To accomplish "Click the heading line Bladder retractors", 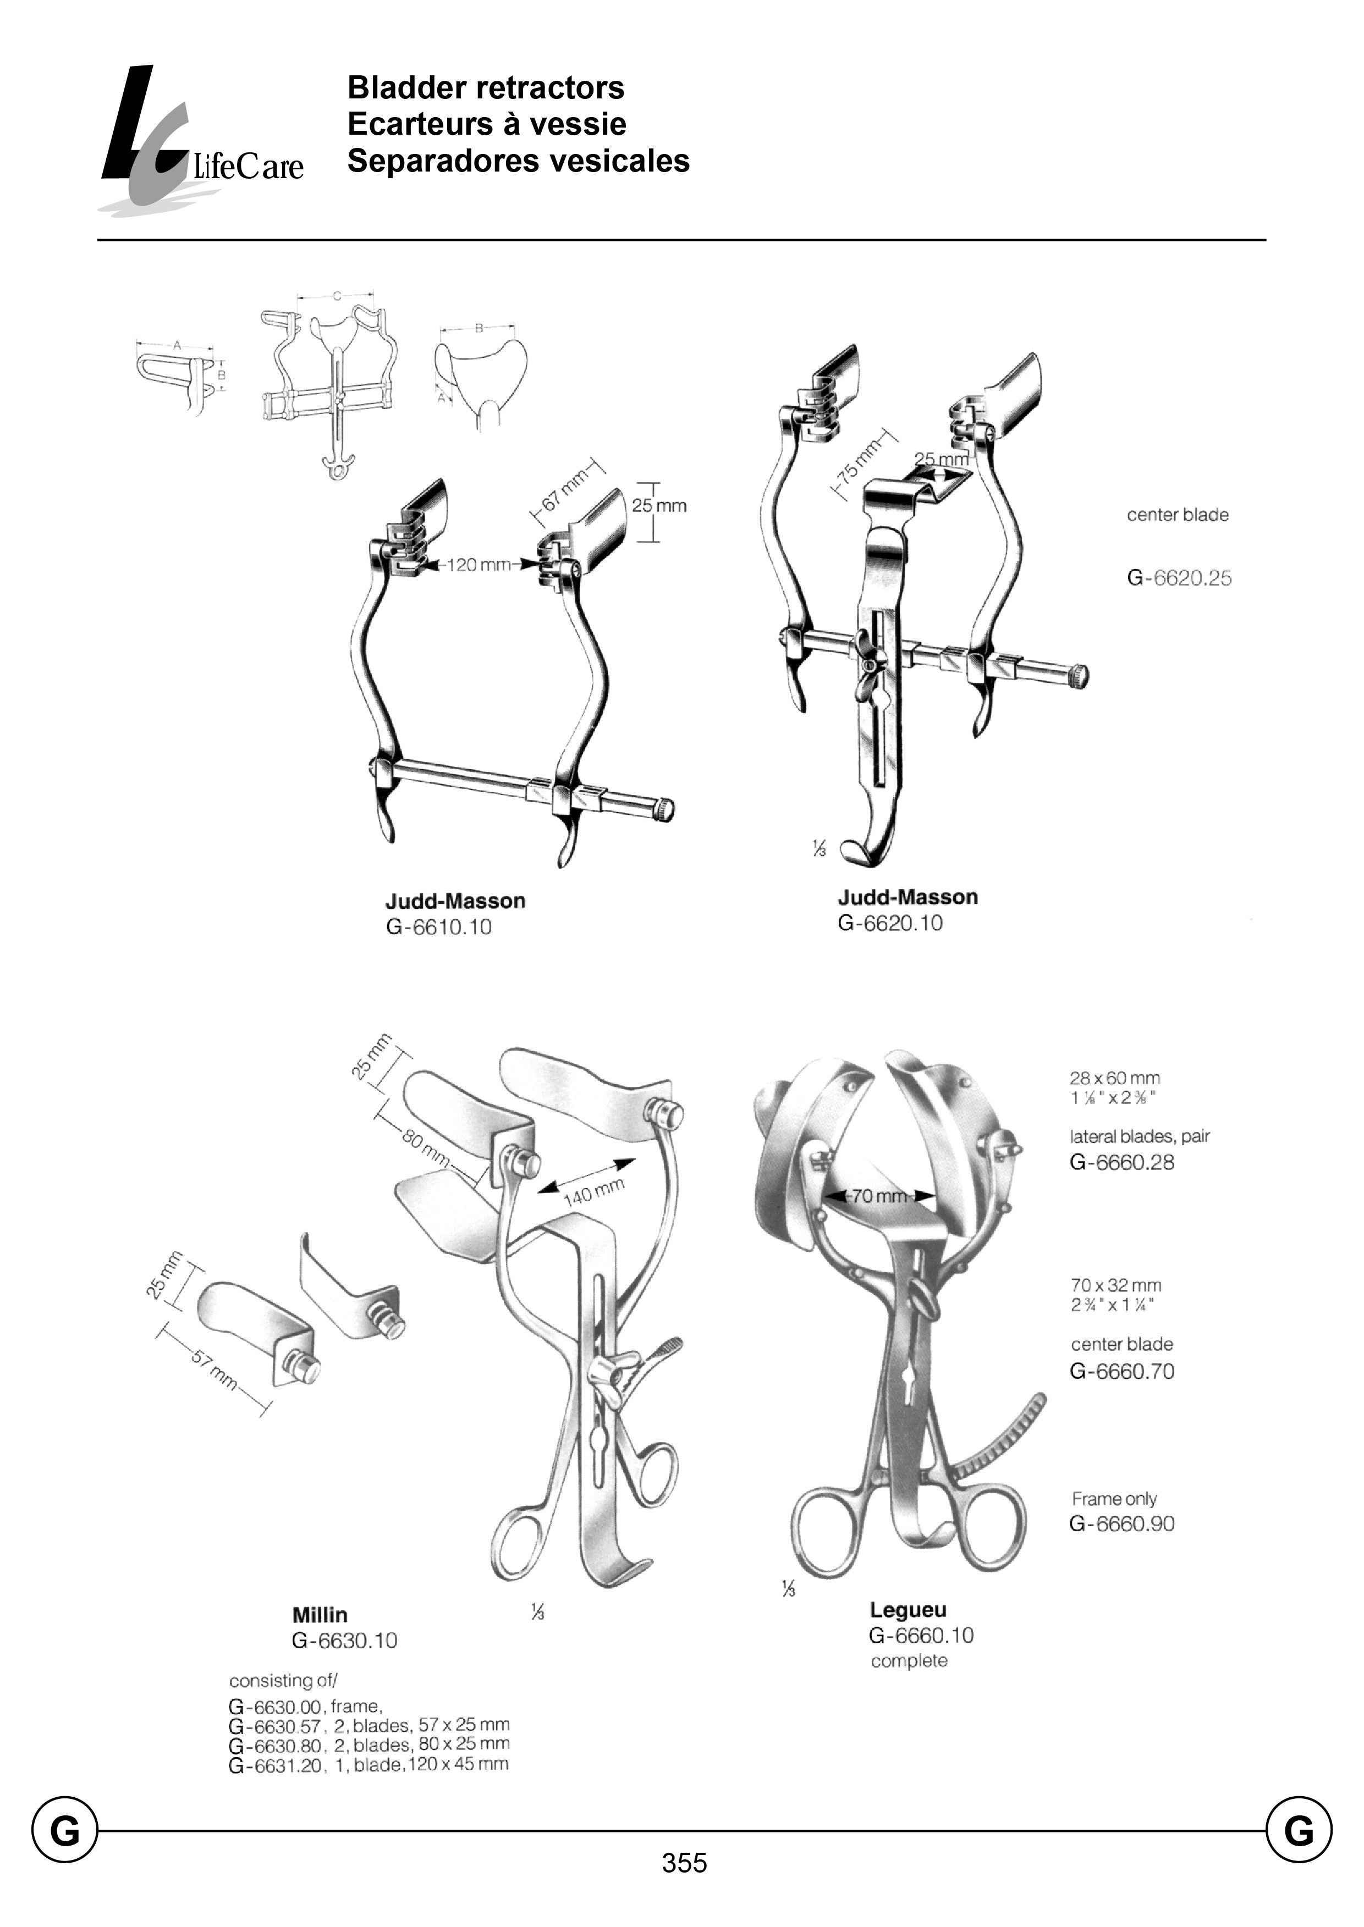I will [486, 87].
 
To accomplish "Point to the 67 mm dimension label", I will [564, 491].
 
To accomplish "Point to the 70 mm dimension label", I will [878, 1196].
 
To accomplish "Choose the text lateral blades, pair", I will [1139, 1137].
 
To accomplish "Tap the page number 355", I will [684, 1863].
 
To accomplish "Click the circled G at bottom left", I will [65, 1830].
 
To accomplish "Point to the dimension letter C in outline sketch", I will [337, 296].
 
